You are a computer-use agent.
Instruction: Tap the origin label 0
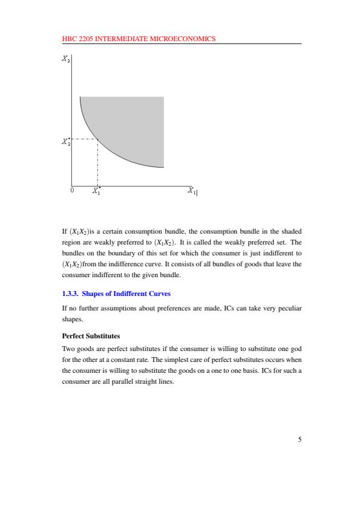[x=72, y=190]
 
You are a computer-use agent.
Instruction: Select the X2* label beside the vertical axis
[x=65, y=142]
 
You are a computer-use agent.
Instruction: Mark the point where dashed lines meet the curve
[x=98, y=139]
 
